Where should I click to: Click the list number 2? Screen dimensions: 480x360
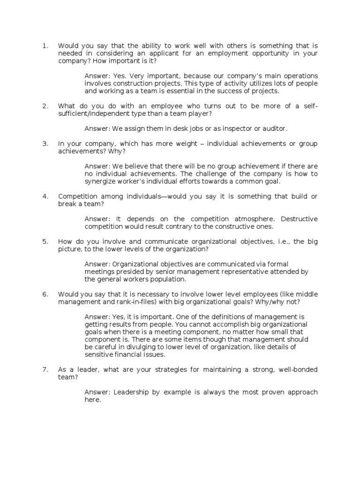(x=45, y=106)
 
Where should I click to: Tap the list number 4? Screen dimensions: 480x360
(x=45, y=196)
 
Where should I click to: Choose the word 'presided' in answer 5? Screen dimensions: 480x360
(x=128, y=272)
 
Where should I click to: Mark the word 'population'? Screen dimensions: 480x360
(x=167, y=279)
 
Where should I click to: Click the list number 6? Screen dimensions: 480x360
(x=45, y=294)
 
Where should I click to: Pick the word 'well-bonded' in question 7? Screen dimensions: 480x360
(x=298, y=370)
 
